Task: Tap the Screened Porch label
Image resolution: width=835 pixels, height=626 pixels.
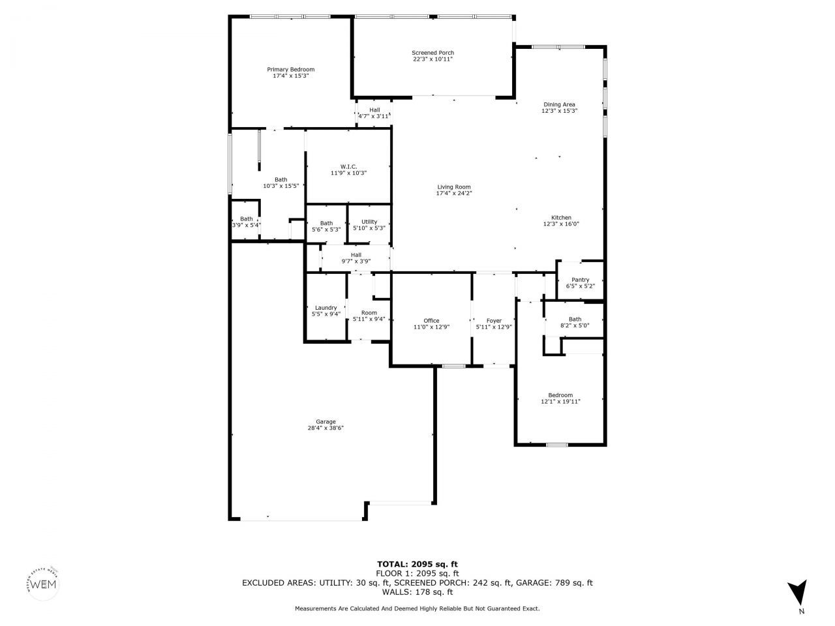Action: point(433,53)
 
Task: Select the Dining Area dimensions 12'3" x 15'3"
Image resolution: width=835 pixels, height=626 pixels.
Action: point(560,111)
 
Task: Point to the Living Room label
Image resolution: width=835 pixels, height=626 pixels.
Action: point(453,187)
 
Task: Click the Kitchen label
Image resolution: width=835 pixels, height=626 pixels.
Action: point(561,218)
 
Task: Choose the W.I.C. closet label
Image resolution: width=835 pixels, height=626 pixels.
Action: point(348,166)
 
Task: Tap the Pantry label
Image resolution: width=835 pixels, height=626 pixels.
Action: point(580,280)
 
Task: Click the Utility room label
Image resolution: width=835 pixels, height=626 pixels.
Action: point(369,222)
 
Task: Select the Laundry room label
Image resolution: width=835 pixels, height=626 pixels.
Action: point(326,308)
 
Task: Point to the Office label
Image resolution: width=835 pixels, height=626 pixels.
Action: point(431,321)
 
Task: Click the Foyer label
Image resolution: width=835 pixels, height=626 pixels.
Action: point(494,321)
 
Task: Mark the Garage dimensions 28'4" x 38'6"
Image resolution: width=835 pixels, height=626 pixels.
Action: point(326,428)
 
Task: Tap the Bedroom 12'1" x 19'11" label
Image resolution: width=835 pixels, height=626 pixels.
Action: point(560,395)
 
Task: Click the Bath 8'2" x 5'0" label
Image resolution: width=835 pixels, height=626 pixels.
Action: point(575,319)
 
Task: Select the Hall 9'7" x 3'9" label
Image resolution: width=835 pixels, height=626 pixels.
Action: point(356,255)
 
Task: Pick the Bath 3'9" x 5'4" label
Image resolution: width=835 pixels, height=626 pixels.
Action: point(246,219)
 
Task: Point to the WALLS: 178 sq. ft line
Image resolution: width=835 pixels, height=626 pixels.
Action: point(417,592)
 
